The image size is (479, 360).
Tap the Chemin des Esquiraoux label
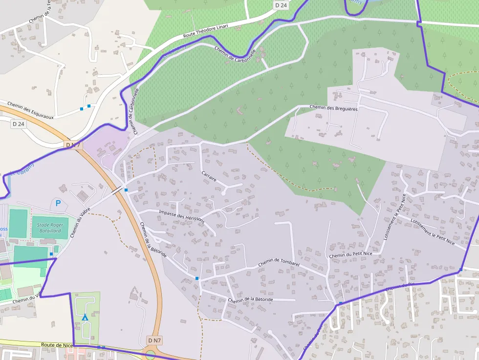coord(30,111)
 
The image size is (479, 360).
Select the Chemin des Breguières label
coord(334,108)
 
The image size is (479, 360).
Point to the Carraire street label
coord(209,176)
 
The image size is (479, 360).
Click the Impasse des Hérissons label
coord(181,216)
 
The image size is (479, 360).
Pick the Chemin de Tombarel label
coord(279,262)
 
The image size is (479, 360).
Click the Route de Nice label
coord(57,345)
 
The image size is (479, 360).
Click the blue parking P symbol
coord(58,203)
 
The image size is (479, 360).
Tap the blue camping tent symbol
coord(85,318)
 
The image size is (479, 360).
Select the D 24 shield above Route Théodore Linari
coord(281,5)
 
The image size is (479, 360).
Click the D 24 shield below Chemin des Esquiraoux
coord(18,124)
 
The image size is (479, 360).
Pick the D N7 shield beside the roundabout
coord(154,340)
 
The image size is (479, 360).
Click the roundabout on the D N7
coord(151,355)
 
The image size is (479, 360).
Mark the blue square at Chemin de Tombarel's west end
coord(197,278)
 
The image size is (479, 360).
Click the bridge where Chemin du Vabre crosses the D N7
coord(117,191)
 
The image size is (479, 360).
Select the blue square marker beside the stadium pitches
coord(51,254)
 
